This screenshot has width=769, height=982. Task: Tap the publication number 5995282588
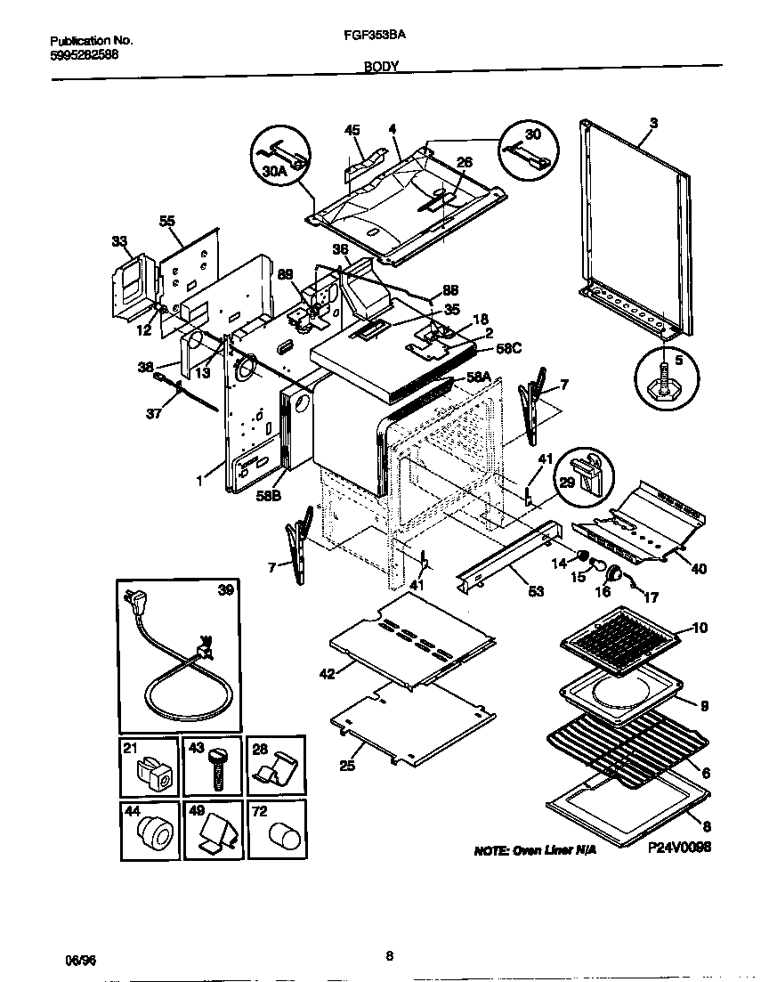coord(84,54)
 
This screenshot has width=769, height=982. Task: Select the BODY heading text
coord(381,66)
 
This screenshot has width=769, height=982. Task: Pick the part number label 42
coord(326,673)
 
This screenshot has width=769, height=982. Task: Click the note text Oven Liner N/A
coord(534,850)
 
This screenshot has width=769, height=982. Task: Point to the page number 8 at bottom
coord(389,956)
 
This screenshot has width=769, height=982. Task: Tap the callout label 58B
coord(269,496)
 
